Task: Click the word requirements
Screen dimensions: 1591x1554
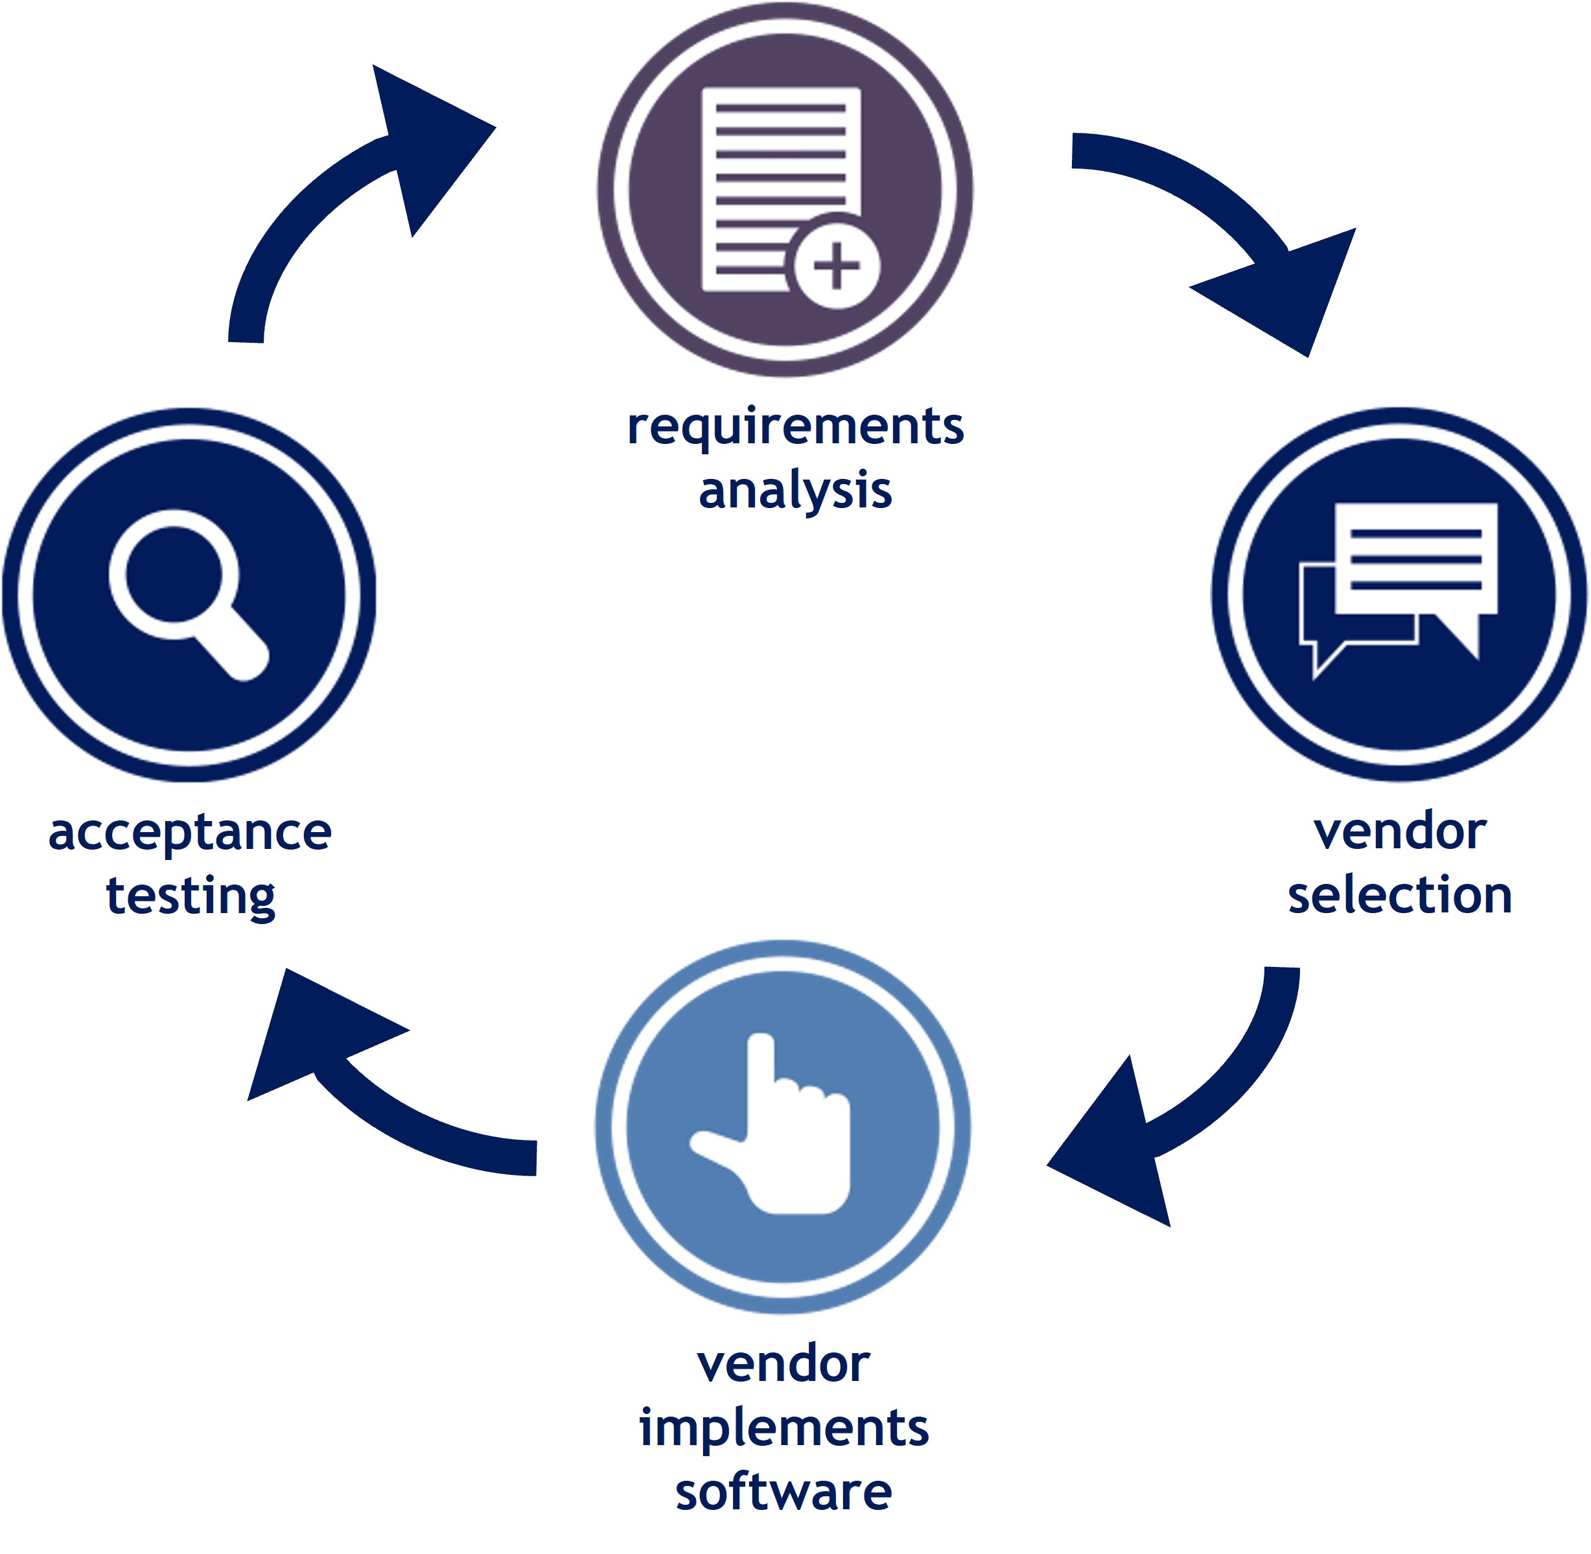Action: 795,428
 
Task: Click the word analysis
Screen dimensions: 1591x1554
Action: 795,491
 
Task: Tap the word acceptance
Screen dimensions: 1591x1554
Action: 189,834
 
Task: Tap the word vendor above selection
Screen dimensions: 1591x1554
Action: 1399,833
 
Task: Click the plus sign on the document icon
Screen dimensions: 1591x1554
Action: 836,264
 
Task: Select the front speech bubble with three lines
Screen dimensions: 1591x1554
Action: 1415,559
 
